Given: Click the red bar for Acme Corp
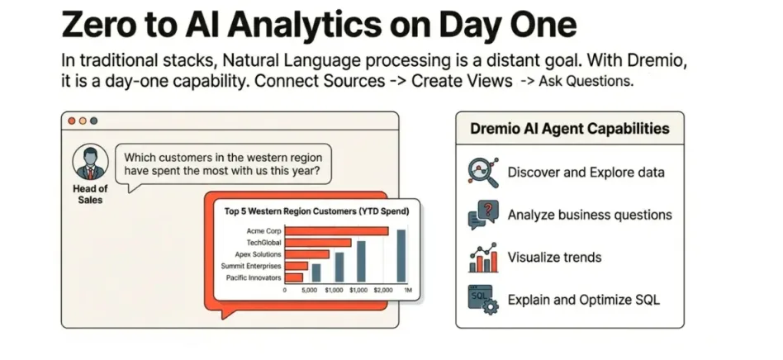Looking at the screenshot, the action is pyautogui.click(x=336, y=231).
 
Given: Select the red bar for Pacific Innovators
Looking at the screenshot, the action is pyautogui.click(x=294, y=277).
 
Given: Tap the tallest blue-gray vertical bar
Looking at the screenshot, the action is pyautogui.click(x=401, y=256).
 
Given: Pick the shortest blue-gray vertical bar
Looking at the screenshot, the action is pyautogui.click(x=316, y=273).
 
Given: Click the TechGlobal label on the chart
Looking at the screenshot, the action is pyautogui.click(x=263, y=243).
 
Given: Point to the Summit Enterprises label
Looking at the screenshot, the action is pyautogui.click(x=251, y=266).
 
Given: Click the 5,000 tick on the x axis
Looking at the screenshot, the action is pyautogui.click(x=310, y=290).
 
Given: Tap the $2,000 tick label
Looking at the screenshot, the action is pyautogui.click(x=383, y=290).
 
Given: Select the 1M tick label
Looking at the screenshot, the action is pyautogui.click(x=408, y=290).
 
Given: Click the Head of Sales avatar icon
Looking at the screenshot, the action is pyautogui.click(x=90, y=163).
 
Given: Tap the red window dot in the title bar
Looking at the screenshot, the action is pyautogui.click(x=72, y=121).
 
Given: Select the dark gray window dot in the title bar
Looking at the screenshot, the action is pyautogui.click(x=93, y=121).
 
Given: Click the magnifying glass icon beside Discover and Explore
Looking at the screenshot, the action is pyautogui.click(x=483, y=173).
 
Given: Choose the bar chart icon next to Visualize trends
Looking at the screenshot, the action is pyautogui.click(x=483, y=258).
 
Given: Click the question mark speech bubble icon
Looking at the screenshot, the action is pyautogui.click(x=483, y=215).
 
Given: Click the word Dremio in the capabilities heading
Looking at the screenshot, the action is pyautogui.click(x=495, y=129).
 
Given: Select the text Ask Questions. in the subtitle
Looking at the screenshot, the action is pyautogui.click(x=586, y=82).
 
